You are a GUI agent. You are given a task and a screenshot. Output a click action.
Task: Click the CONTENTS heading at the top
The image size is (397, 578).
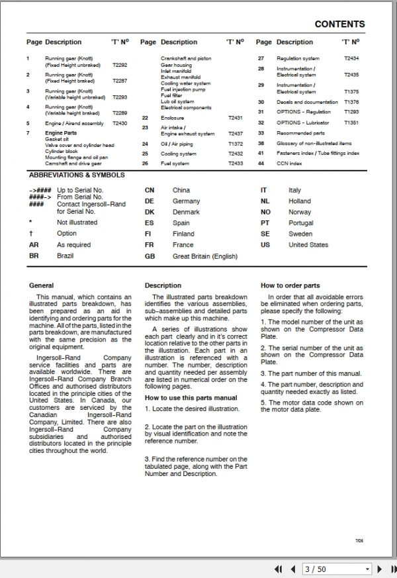(x=339, y=24)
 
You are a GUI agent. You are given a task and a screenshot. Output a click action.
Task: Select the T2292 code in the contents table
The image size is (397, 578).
(x=120, y=66)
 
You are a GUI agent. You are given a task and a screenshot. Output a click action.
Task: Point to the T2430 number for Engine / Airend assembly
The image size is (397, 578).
(x=120, y=123)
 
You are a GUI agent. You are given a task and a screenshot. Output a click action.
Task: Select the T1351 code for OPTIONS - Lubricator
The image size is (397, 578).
(x=351, y=123)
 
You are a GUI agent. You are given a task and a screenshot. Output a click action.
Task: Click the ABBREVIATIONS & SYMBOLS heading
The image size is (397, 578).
(x=76, y=175)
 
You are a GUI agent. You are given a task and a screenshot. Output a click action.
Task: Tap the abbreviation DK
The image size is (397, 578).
(x=150, y=212)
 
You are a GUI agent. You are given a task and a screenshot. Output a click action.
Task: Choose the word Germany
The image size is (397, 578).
(x=186, y=201)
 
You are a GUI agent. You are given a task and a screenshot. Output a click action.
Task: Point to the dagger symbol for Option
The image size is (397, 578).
(x=30, y=234)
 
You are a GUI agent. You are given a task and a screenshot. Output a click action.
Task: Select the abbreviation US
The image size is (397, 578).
(x=265, y=245)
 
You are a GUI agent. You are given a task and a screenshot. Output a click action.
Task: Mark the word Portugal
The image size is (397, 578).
(x=301, y=223)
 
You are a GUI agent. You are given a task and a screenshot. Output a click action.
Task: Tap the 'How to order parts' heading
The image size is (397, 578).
(x=290, y=286)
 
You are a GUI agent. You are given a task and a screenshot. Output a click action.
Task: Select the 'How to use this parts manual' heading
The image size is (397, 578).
(x=191, y=398)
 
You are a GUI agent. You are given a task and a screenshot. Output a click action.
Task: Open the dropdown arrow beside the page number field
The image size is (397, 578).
(x=367, y=569)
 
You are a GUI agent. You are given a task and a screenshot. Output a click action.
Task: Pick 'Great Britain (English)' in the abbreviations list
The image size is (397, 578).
(x=205, y=256)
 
